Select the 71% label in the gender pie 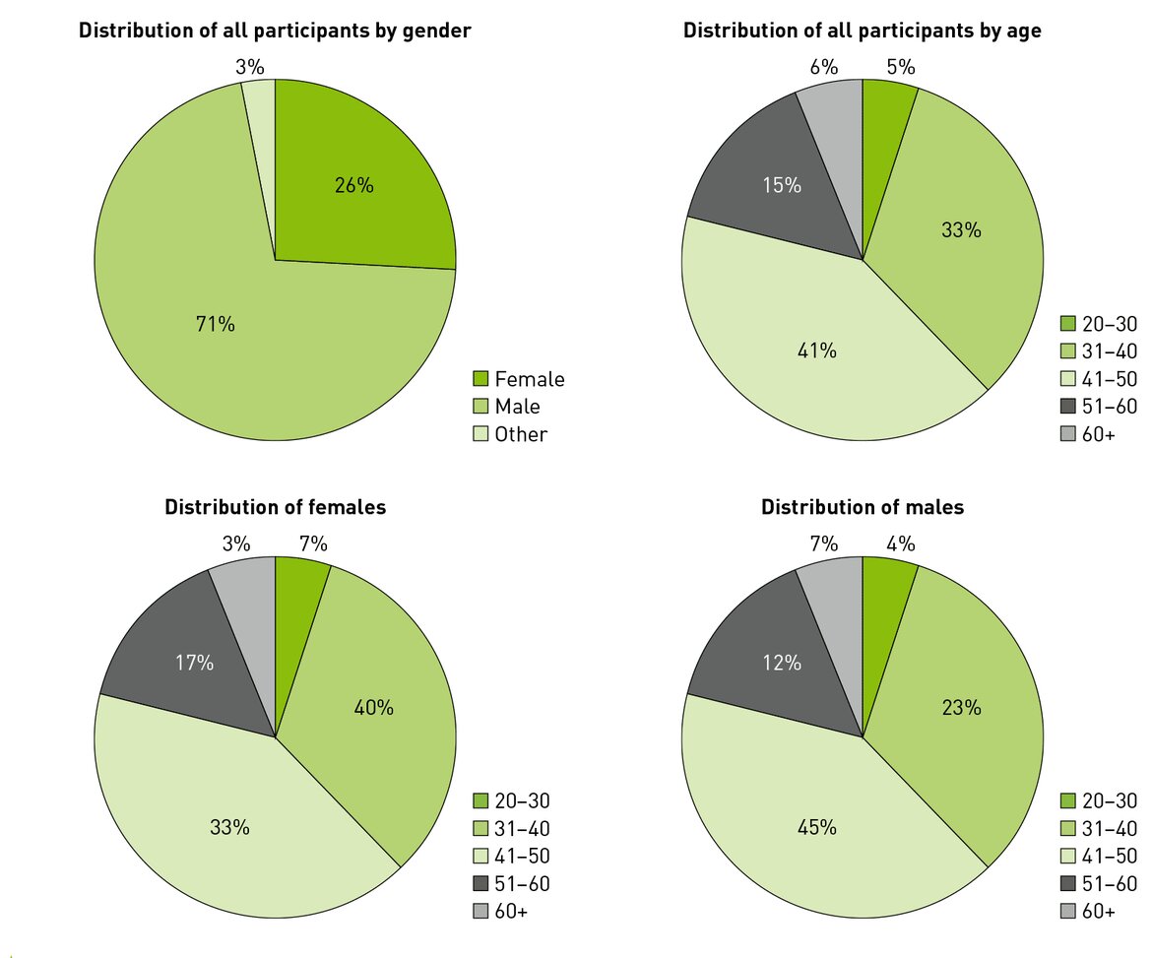[215, 324]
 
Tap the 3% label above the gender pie [250, 68]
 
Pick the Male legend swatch [480, 407]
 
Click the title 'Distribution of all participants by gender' [275, 31]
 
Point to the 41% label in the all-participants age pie [816, 351]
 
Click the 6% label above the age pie [823, 68]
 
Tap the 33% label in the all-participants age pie [961, 230]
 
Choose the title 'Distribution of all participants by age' [863, 31]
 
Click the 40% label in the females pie [374, 707]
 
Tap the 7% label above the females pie [313, 544]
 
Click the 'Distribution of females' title [275, 508]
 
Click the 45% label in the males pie [816, 827]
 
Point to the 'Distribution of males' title [863, 508]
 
